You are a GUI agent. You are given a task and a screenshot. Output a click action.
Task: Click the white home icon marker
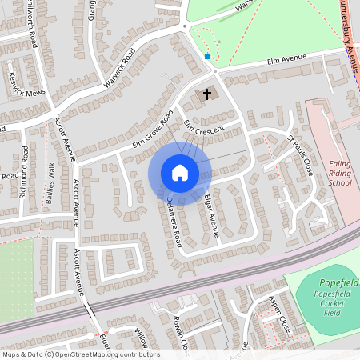pos(179,172)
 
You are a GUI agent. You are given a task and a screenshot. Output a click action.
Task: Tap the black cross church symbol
pos(207,94)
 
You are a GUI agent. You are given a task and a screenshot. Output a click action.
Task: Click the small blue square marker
pos(207,57)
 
